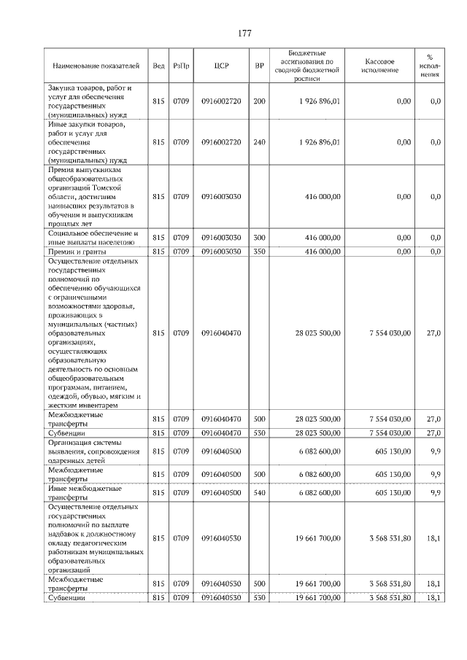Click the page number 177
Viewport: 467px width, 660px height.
(x=244, y=34)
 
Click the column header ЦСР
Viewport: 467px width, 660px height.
(x=222, y=66)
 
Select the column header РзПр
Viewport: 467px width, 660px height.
(x=182, y=66)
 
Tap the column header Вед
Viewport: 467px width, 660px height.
(x=158, y=66)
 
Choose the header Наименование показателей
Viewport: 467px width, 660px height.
(x=95, y=66)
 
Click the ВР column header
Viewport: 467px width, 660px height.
(x=259, y=66)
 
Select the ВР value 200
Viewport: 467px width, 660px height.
(x=259, y=101)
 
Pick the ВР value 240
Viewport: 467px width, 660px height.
(x=259, y=142)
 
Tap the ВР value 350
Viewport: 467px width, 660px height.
(x=259, y=252)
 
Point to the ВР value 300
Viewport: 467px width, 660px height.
(x=259, y=238)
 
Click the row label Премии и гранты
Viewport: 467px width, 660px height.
(x=76, y=252)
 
